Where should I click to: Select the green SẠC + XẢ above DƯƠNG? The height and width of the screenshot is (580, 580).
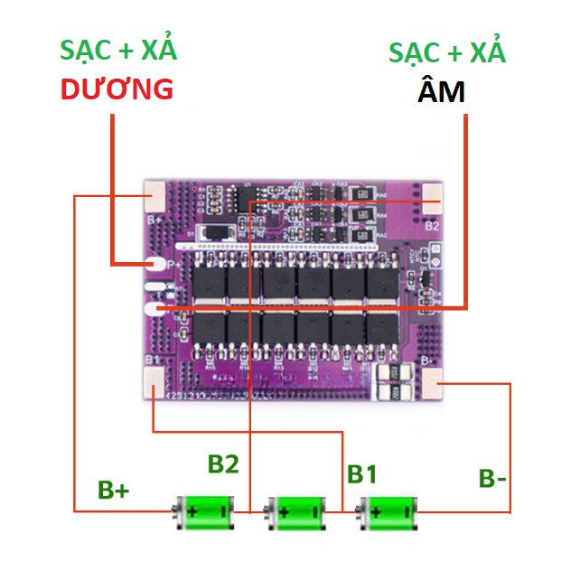(x=118, y=50)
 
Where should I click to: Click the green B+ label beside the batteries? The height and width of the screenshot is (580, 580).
(x=114, y=491)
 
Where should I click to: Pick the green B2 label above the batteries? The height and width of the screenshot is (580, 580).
(x=223, y=464)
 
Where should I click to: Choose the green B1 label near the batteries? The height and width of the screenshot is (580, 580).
(x=362, y=473)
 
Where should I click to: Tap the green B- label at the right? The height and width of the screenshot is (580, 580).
(x=492, y=478)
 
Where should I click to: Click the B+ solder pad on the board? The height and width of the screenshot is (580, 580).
(x=154, y=193)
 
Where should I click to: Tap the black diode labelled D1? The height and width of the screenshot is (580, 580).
(x=216, y=232)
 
